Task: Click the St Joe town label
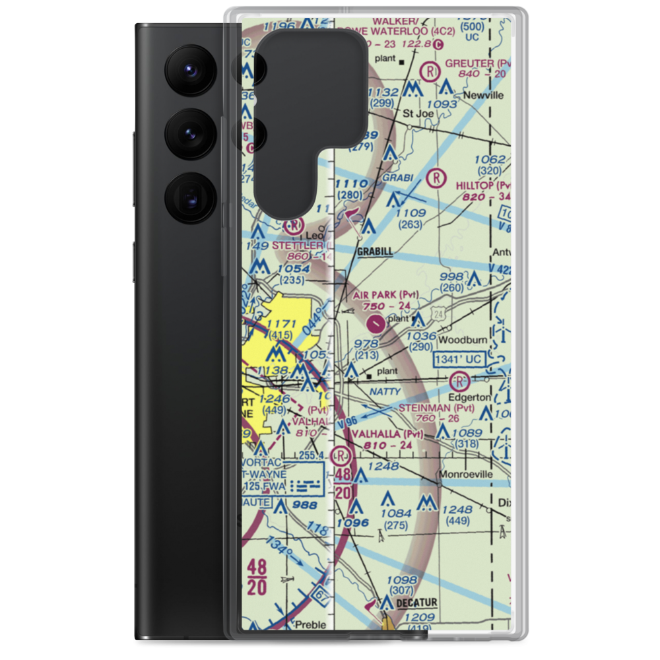417,113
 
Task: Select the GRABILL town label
374,251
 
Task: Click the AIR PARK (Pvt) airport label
386,294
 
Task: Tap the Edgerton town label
469,397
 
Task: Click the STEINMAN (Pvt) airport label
436,409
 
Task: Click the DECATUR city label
416,603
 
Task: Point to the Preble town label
310,624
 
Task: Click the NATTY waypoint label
385,391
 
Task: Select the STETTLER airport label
298,246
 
